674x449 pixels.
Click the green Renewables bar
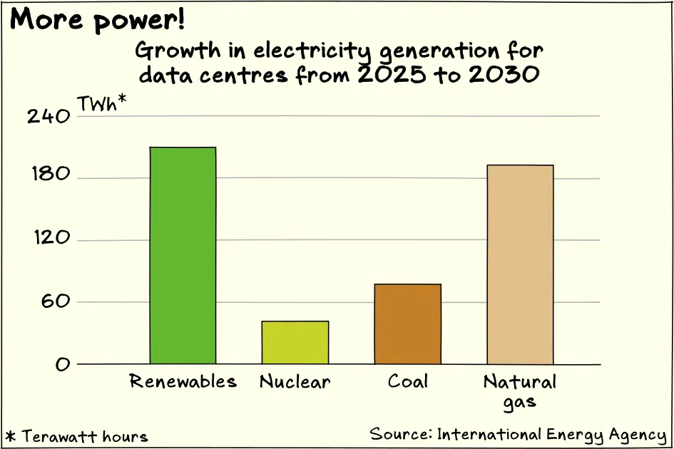(x=183, y=256)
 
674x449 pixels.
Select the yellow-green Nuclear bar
(x=295, y=342)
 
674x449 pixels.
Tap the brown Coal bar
(x=407, y=324)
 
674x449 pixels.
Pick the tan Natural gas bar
(x=520, y=264)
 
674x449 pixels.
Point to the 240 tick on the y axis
(x=48, y=116)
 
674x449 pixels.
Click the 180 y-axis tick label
(x=51, y=174)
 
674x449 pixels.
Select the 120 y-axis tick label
(x=51, y=237)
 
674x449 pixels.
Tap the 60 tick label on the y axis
(x=56, y=301)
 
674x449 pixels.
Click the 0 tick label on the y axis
(x=62, y=364)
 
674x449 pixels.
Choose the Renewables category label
(x=183, y=381)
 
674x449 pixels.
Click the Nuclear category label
(x=295, y=381)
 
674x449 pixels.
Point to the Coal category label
(x=407, y=381)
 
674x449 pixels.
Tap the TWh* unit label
(x=102, y=103)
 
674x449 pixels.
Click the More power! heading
(x=98, y=20)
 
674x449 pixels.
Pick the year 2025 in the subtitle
(x=392, y=75)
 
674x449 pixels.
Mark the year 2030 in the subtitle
(x=504, y=75)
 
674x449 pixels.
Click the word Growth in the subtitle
(x=178, y=51)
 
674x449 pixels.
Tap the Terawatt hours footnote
(x=77, y=437)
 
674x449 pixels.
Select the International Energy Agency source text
(x=552, y=435)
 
